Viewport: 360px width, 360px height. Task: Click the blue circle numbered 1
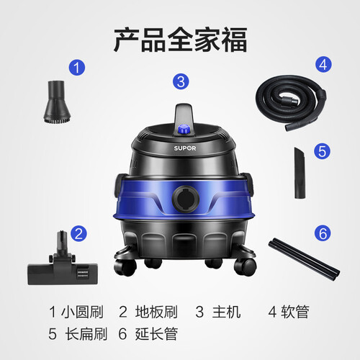coord(77,68)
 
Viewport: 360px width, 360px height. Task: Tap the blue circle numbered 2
coord(78,233)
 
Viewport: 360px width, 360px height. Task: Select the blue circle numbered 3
coord(181,81)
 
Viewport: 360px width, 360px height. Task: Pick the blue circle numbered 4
coord(323,65)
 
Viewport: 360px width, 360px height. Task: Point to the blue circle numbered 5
coord(323,151)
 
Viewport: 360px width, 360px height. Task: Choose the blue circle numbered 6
coord(323,233)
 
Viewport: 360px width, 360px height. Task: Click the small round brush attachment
coord(57,102)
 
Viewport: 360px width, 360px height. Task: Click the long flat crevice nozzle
coord(300,173)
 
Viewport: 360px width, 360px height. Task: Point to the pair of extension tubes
coord(304,259)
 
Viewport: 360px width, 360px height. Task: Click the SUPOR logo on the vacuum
coord(185,148)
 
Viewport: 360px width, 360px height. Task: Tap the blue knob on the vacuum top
coord(184,130)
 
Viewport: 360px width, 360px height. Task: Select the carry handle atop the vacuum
coord(184,115)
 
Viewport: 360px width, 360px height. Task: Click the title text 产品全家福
coord(181,40)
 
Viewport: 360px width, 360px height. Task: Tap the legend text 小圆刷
coord(82,312)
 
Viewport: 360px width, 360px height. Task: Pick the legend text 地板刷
coord(156,312)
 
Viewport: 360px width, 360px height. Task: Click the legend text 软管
coord(295,312)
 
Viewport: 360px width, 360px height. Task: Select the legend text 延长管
coord(156,333)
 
